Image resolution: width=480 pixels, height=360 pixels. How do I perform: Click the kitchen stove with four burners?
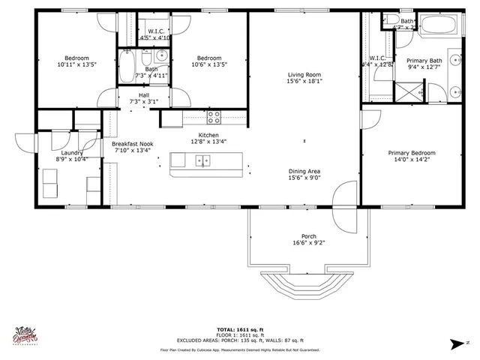(214, 117)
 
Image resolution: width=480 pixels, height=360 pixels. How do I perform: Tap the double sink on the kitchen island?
(203, 160)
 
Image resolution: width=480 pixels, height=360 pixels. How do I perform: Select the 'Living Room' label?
(304, 74)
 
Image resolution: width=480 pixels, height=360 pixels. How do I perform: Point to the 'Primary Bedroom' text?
(411, 153)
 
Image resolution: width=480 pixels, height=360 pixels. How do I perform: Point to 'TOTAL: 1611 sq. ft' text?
(238, 330)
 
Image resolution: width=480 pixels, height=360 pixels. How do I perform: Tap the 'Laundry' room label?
(71, 152)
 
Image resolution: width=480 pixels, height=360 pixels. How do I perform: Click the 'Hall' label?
(143, 94)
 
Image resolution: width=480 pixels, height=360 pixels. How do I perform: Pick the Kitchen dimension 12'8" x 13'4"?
(208, 141)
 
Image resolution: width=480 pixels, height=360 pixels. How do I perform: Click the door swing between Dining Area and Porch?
(346, 202)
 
